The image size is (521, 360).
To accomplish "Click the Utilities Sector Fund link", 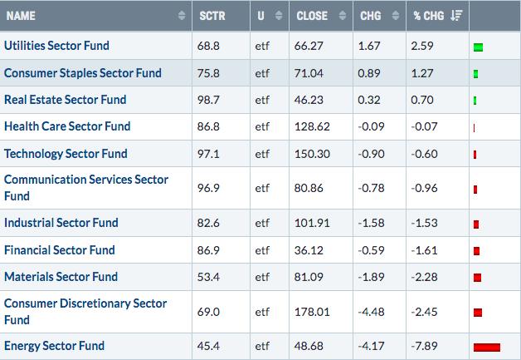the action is coord(56,46).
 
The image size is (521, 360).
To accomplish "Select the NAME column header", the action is coord(21,16).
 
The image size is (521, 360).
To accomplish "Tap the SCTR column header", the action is coord(212,16).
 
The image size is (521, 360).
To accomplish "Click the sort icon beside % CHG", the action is coord(456,16).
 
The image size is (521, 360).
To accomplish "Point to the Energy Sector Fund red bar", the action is coord(487,348).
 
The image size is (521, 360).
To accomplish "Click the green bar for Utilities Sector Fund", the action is coord(478,47).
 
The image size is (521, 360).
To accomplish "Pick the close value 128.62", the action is coord(312,126).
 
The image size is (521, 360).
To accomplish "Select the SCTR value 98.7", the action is coord(208,100).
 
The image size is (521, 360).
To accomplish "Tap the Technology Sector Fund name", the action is coord(66,154).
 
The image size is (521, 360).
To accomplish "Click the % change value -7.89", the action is coord(424,346).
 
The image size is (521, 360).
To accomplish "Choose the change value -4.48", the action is coord(371,312).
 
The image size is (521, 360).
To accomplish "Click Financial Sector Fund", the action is coord(60,249).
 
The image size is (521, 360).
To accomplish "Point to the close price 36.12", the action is coord(309,250).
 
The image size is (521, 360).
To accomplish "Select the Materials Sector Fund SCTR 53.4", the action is coord(208,277).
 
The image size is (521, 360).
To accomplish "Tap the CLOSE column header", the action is coord(312,16).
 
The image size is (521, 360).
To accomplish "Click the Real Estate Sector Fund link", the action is coord(65,100).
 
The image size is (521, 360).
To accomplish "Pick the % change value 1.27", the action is coord(422,73).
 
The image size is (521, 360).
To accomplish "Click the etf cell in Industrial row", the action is coord(262,223).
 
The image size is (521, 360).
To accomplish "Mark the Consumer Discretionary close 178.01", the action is coord(312,312).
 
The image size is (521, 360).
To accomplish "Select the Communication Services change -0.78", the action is coord(371,188).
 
